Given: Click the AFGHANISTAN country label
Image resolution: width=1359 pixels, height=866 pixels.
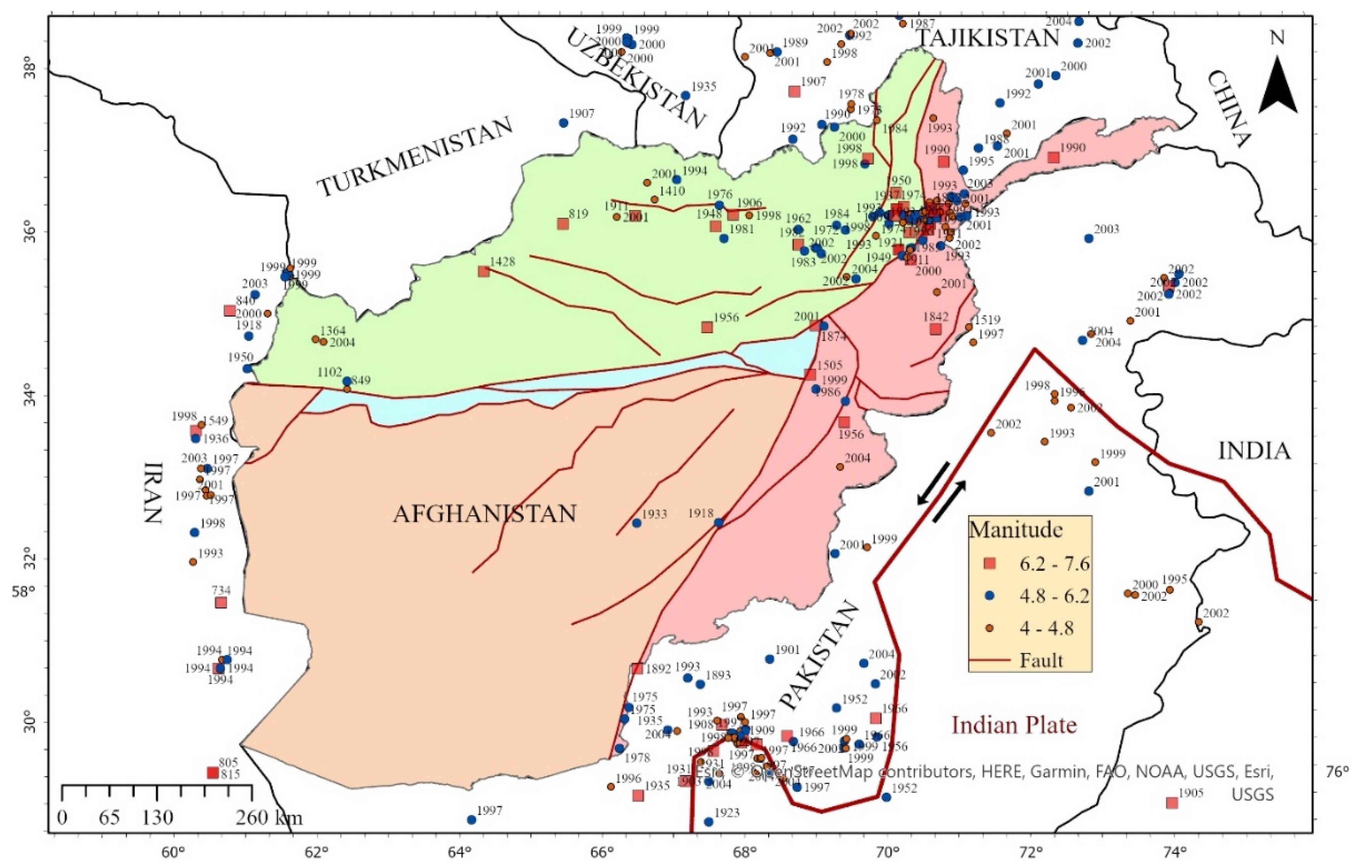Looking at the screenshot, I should point(484,514).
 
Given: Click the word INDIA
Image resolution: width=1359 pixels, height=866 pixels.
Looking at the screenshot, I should point(1254,451).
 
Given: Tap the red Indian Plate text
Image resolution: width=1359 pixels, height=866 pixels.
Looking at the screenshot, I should point(1014,725).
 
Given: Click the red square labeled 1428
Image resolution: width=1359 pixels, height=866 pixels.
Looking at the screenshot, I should point(483,271).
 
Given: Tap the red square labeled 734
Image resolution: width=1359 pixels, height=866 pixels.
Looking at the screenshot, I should point(221,603).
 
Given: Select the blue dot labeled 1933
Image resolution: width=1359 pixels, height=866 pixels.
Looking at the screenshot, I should point(637,523).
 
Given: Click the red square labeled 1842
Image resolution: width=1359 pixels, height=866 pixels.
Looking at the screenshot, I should point(935,329).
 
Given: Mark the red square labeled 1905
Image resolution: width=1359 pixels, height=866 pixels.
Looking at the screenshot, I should point(1172,803).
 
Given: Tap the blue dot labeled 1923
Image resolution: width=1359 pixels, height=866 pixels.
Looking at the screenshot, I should point(708,822).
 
